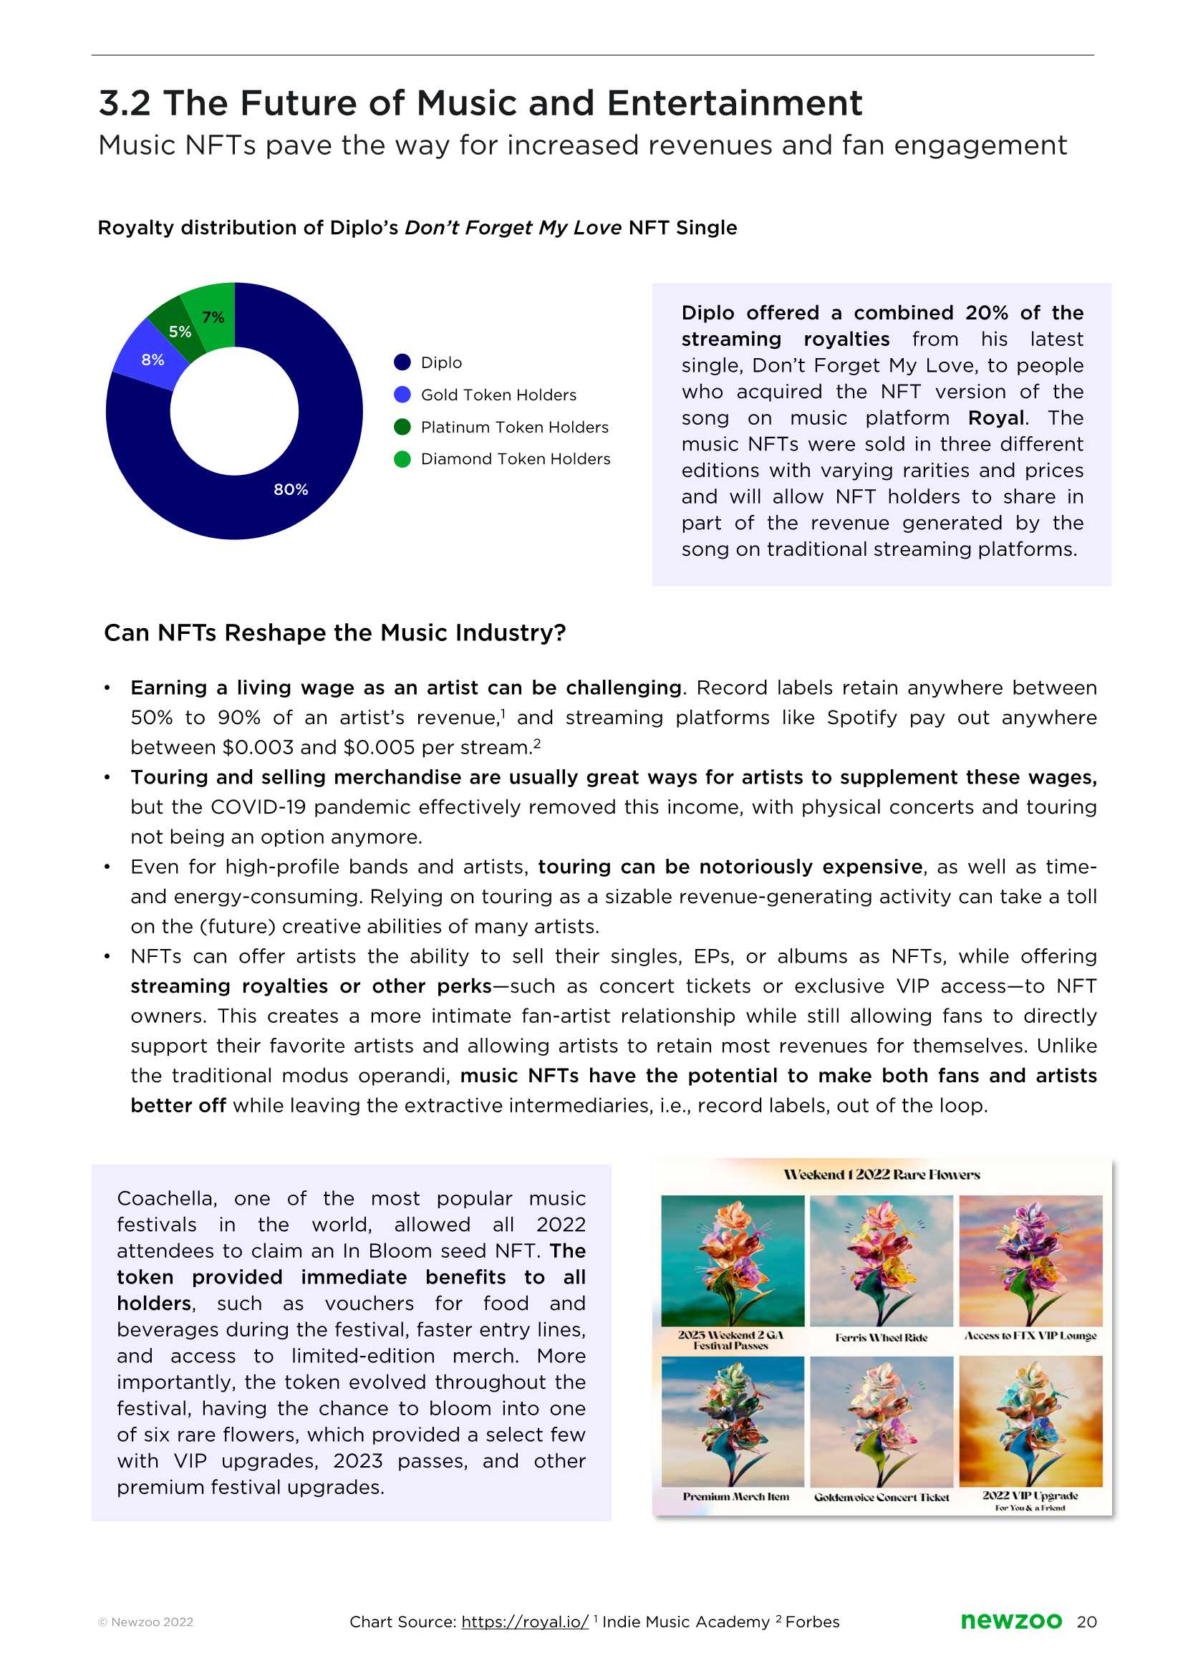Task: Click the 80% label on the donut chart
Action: click(291, 489)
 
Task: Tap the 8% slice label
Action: click(153, 360)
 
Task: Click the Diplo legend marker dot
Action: click(402, 362)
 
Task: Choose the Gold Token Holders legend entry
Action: click(498, 395)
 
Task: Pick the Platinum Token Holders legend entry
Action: click(514, 427)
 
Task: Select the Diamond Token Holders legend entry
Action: click(515, 458)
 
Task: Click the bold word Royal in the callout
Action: click(995, 418)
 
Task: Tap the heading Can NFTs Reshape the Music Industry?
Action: click(335, 633)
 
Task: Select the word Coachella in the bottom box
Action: click(166, 1198)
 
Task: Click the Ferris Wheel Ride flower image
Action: click(882, 1261)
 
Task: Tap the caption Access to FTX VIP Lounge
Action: click(1030, 1336)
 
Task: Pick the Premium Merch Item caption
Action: click(735, 1497)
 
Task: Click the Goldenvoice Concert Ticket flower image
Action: click(882, 1422)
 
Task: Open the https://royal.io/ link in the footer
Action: click(524, 1622)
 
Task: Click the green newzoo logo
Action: click(1010, 1621)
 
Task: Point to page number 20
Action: click(1086, 1622)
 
